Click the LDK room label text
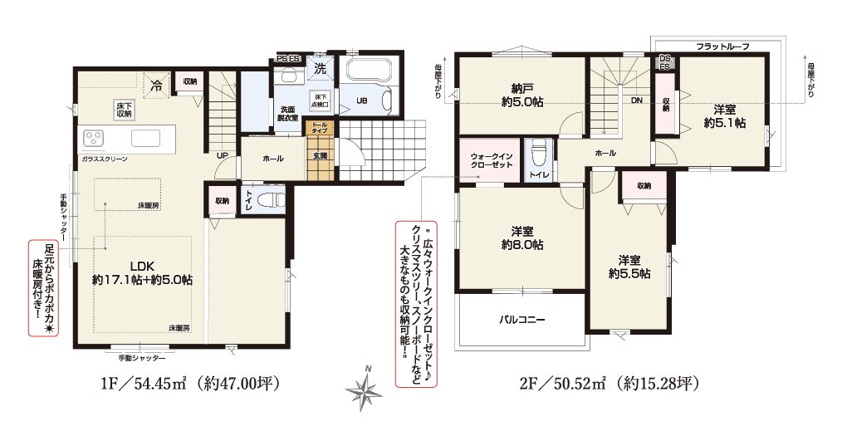click(x=142, y=273)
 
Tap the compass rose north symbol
click(x=363, y=388)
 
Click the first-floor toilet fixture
click(x=271, y=200)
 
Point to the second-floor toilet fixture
click(x=539, y=155)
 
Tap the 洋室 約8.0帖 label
click(x=521, y=238)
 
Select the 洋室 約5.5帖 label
click(x=629, y=266)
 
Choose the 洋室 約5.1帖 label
click(x=723, y=116)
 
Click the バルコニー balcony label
click(x=521, y=319)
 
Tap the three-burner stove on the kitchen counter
click(x=93, y=138)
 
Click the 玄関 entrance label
click(x=320, y=156)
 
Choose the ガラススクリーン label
click(x=104, y=158)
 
